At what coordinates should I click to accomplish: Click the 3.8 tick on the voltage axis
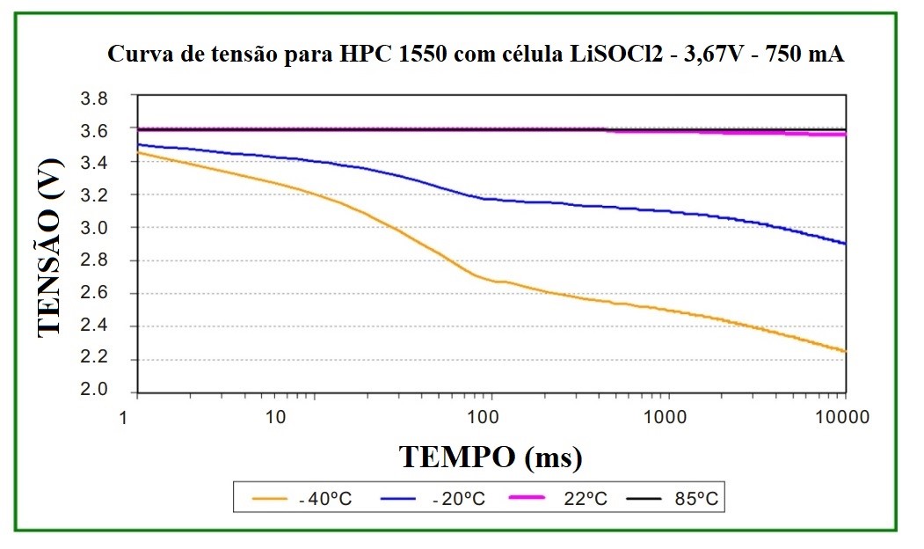[94, 98]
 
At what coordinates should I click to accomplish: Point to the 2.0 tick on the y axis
[94, 391]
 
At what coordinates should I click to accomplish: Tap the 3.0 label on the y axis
[94, 228]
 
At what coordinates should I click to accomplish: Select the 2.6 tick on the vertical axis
[94, 293]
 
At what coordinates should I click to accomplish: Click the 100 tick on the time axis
[486, 416]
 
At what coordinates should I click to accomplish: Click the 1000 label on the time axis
[666, 416]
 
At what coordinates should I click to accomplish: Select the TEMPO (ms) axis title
[491, 457]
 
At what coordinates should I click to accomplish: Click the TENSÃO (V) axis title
[51, 246]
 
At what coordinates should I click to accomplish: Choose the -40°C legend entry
[303, 499]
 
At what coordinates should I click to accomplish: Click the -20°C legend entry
[436, 499]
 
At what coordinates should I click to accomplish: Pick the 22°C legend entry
[564, 499]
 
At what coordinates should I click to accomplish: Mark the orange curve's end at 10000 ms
[845, 351]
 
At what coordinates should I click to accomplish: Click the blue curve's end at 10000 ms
[845, 244]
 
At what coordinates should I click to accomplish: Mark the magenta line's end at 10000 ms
[845, 135]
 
